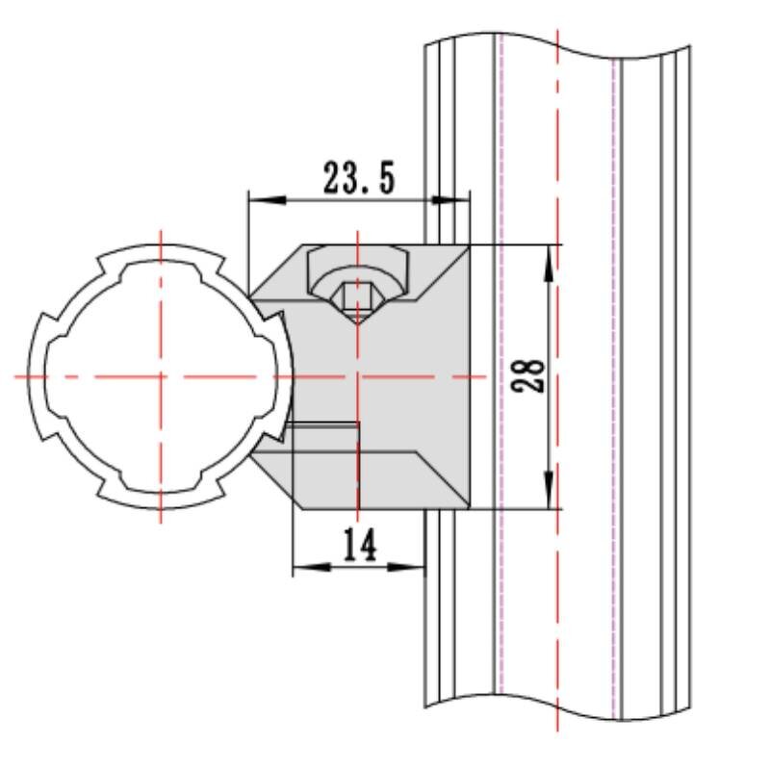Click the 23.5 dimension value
click(x=358, y=179)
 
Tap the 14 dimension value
click(x=359, y=547)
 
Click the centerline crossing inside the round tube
click(x=160, y=375)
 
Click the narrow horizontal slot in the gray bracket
click(x=323, y=424)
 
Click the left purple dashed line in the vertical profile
click(x=500, y=385)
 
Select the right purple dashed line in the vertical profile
click(x=614, y=385)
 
